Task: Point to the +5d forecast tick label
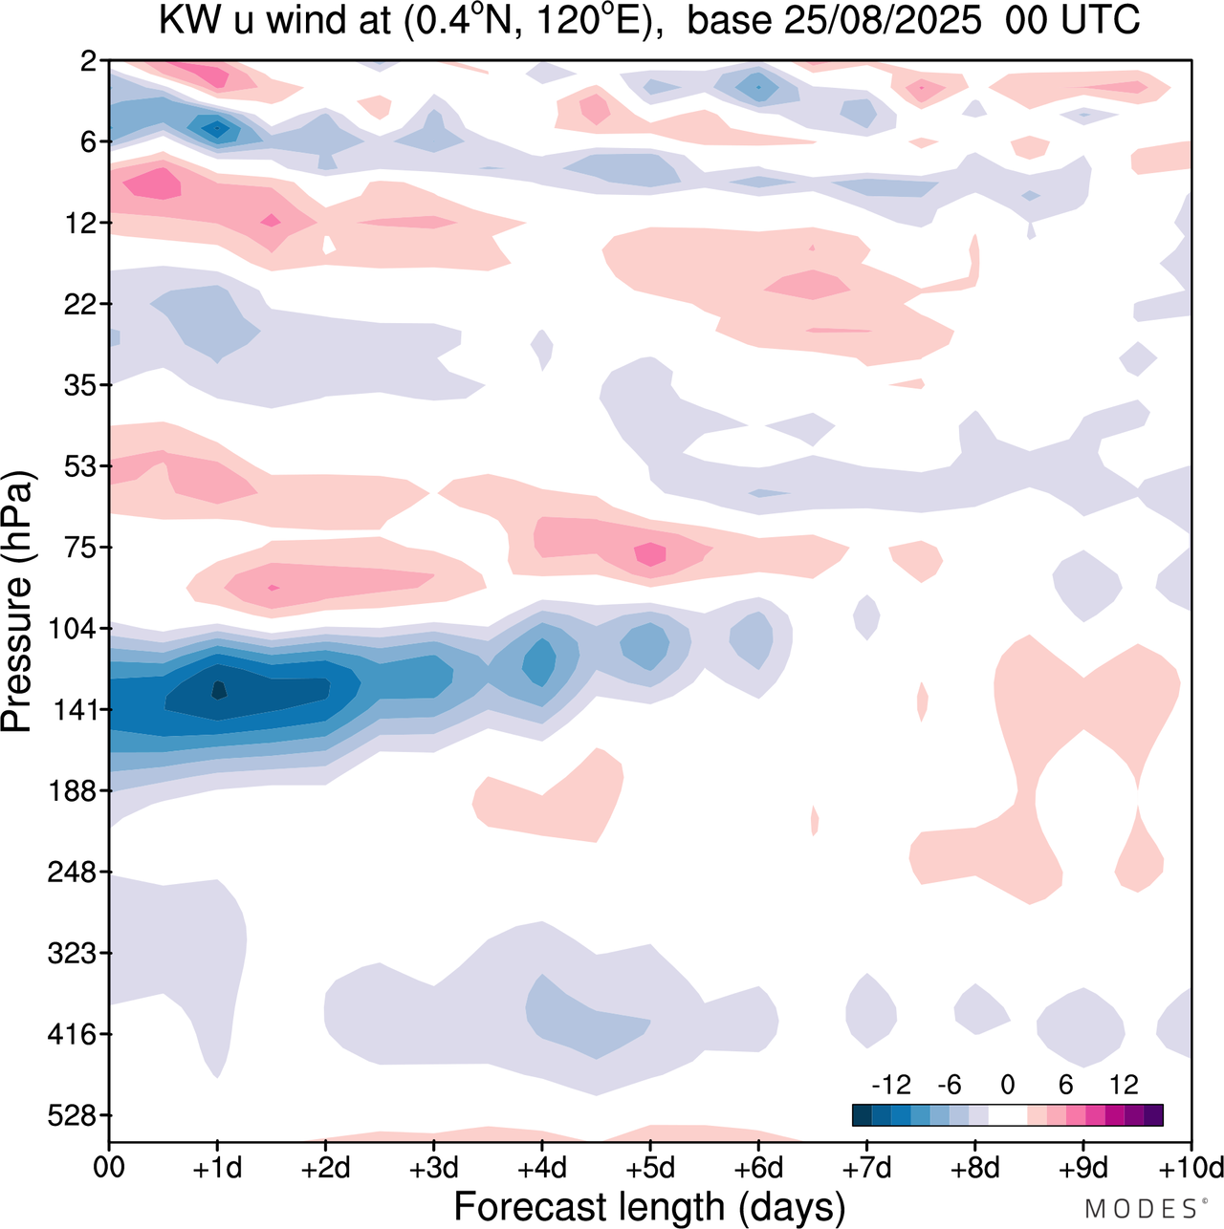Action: pos(649,1168)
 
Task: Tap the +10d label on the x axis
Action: pos(1190,1168)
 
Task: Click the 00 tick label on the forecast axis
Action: pos(109,1168)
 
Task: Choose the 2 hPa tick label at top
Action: pos(88,61)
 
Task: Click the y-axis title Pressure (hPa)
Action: pos(17,602)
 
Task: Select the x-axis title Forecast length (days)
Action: pos(649,1207)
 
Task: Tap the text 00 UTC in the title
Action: pos(1072,21)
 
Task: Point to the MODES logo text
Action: pos(1140,1209)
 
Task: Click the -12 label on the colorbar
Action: pos(890,1085)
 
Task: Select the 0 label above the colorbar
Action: pos(1007,1085)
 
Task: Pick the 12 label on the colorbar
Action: pos(1124,1085)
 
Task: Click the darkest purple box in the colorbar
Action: pos(1153,1115)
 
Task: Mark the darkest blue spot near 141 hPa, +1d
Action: pos(218,689)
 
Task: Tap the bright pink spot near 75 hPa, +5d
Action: pos(650,553)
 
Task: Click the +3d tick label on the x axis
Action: pos(433,1168)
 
